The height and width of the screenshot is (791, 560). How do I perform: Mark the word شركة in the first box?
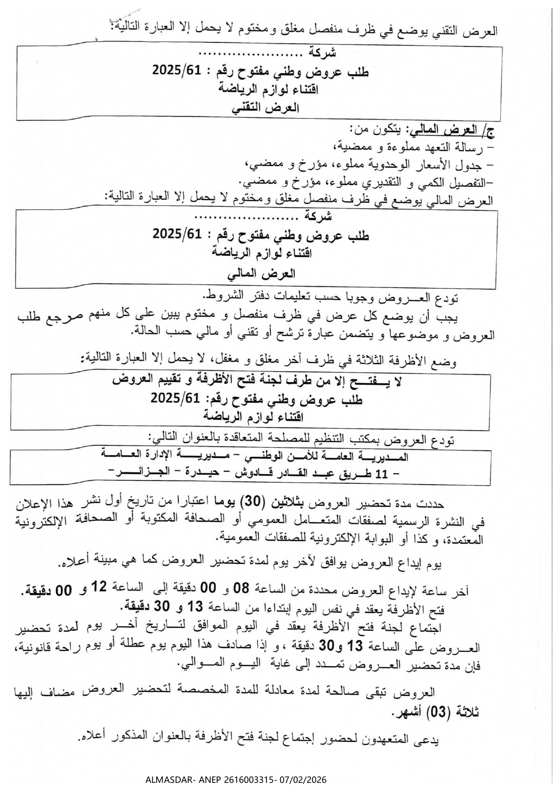point(322,53)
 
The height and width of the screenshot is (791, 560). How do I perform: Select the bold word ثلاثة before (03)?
point(465,712)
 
